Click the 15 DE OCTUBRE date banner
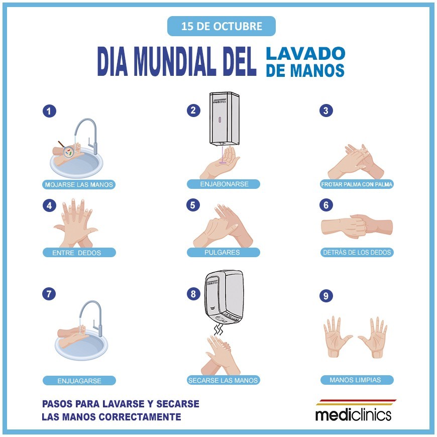click(x=222, y=26)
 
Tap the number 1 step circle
click(x=49, y=111)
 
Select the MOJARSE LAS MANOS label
click(x=79, y=184)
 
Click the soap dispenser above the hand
click(x=225, y=119)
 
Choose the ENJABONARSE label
click(x=224, y=184)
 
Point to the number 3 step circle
click(x=326, y=111)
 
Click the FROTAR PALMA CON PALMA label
click(x=357, y=184)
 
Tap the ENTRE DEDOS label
click(x=79, y=253)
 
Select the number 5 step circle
click(x=193, y=205)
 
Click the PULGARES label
click(x=223, y=252)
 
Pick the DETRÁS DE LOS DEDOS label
click(x=357, y=252)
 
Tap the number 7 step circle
click(x=49, y=294)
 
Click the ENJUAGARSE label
click(x=79, y=381)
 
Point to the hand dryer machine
click(x=224, y=297)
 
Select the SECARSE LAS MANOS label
click(x=223, y=380)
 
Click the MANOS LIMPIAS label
click(x=357, y=380)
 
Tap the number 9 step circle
click(x=326, y=296)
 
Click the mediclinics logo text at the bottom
click(x=354, y=414)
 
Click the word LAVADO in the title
click(x=305, y=54)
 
